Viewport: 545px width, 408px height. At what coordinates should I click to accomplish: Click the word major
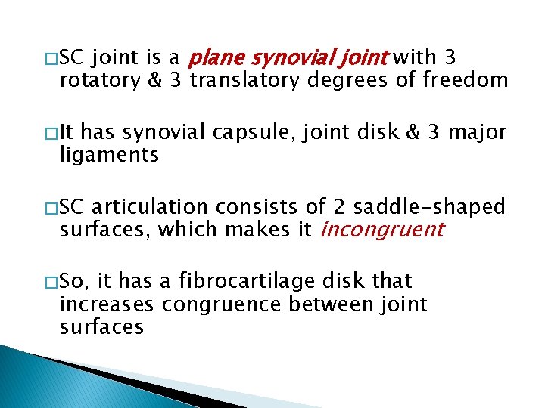click(479, 133)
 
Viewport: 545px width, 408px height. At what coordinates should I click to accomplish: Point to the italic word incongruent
click(381, 230)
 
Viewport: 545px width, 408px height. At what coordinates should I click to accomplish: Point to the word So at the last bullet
click(74, 283)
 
